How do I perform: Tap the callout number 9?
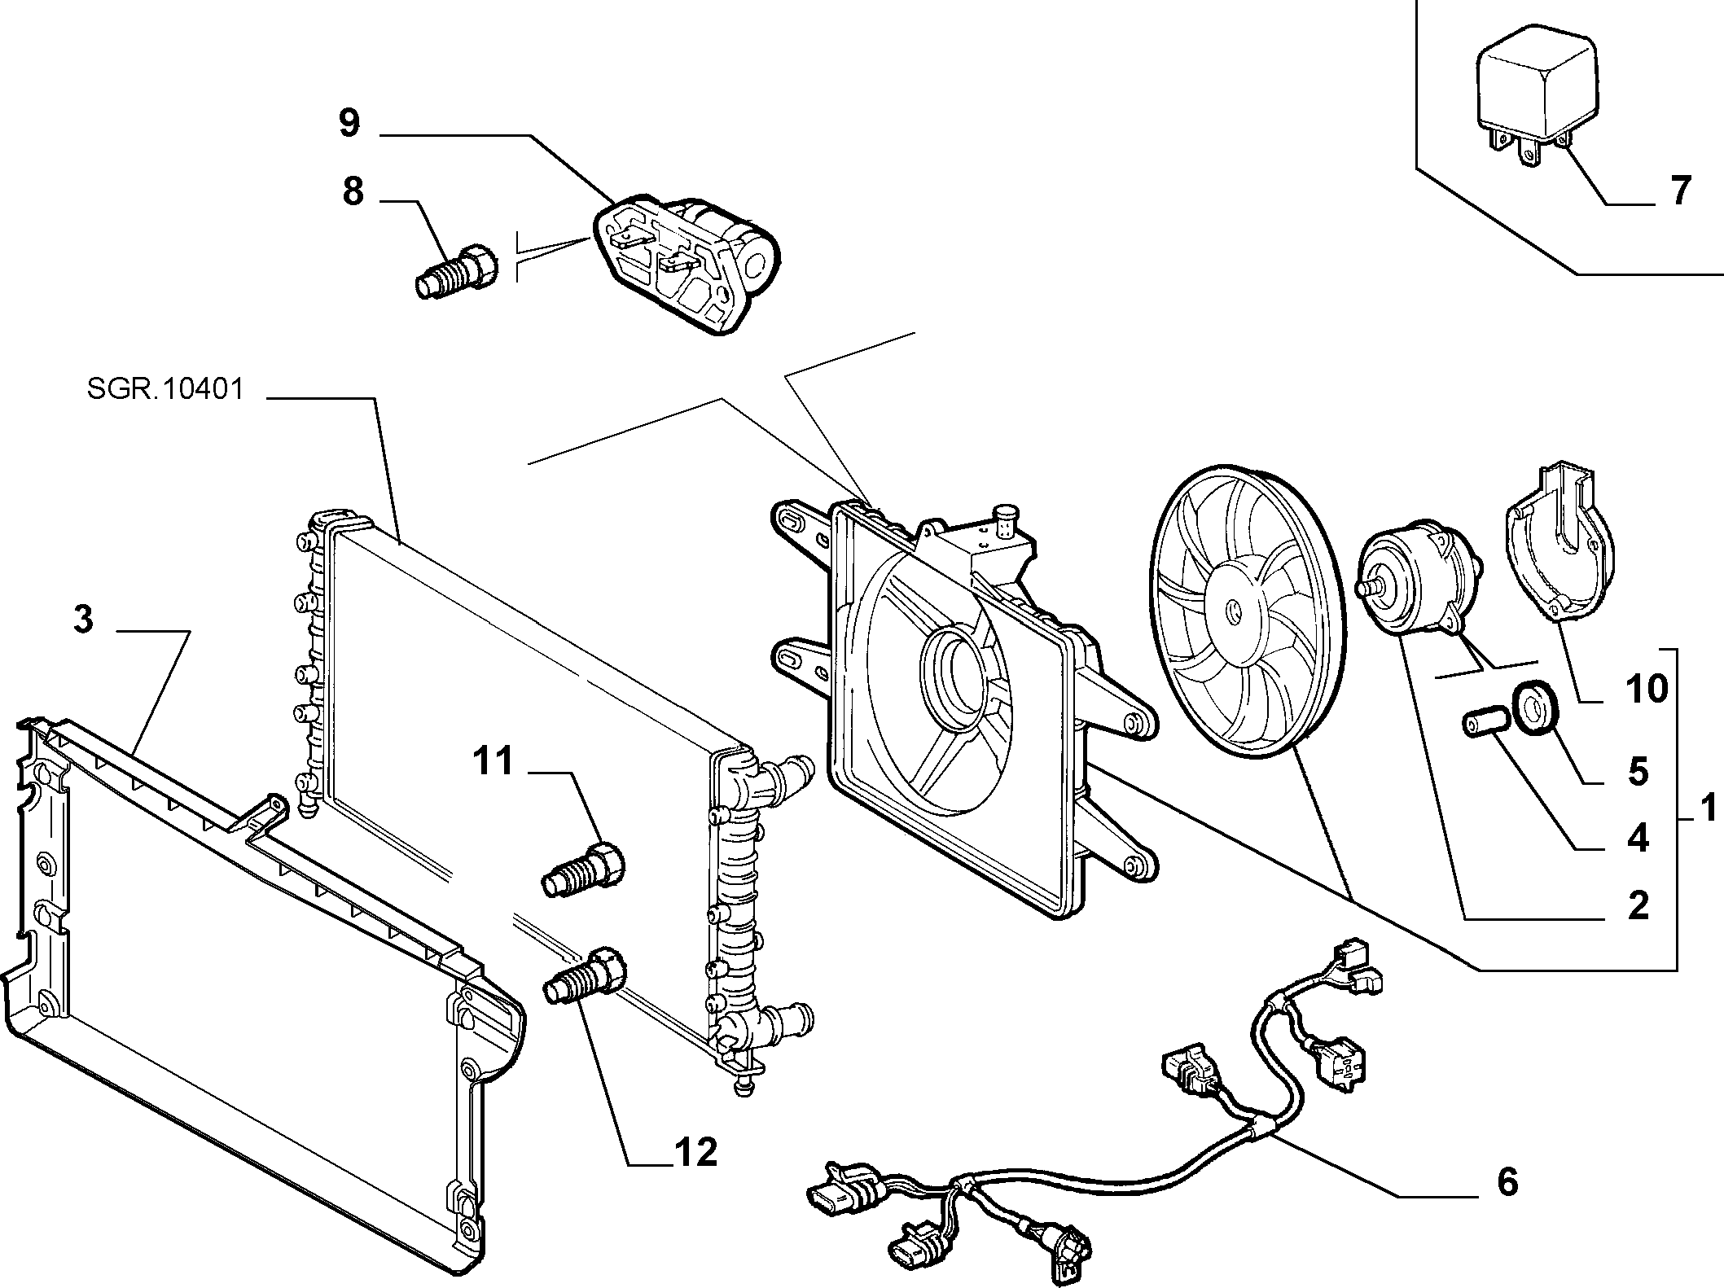pos(349,124)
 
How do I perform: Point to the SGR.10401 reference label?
pos(165,389)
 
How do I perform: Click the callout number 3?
pos(84,620)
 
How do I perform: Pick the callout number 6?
pos(1508,1181)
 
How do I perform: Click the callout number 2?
pos(1637,905)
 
